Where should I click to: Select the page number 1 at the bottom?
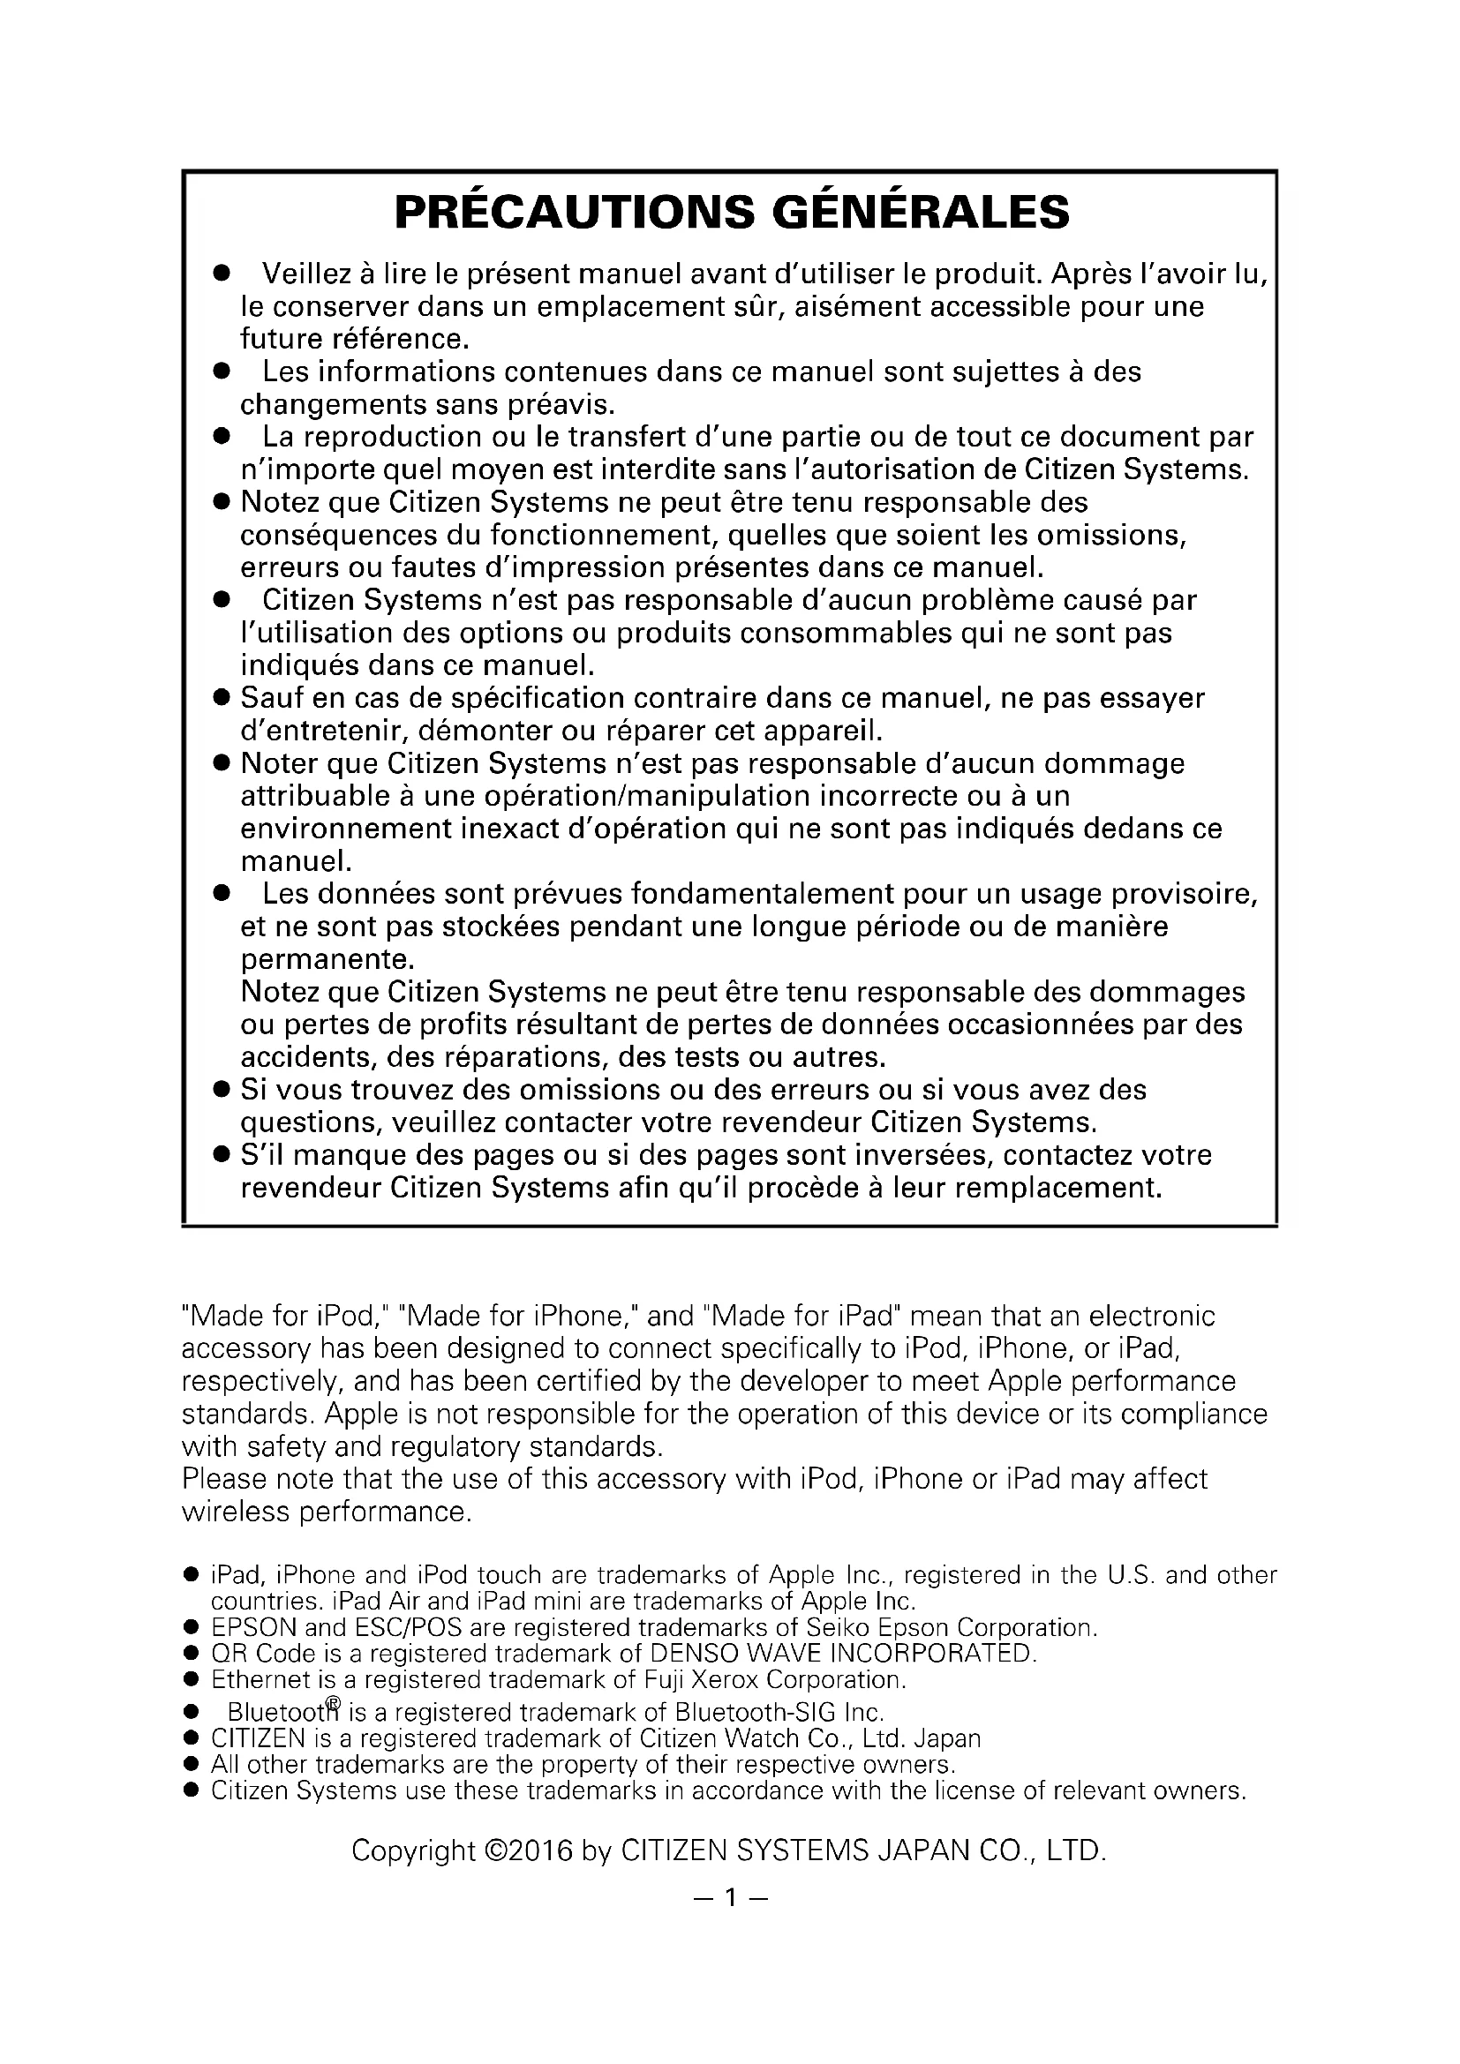[x=730, y=1897]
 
